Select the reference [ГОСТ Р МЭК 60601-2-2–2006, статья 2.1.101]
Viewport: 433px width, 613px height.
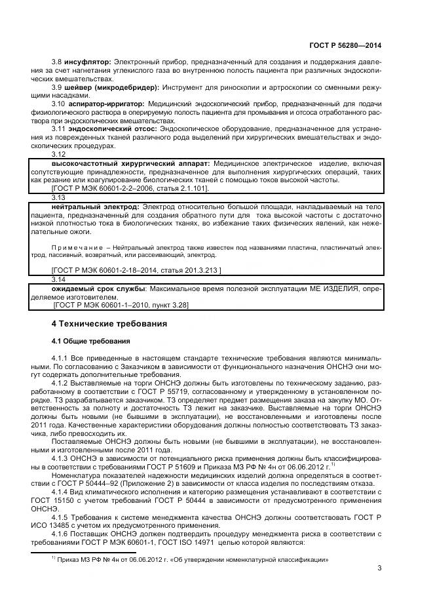coord(130,188)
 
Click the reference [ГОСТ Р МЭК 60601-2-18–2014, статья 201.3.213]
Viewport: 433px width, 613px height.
coord(136,269)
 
